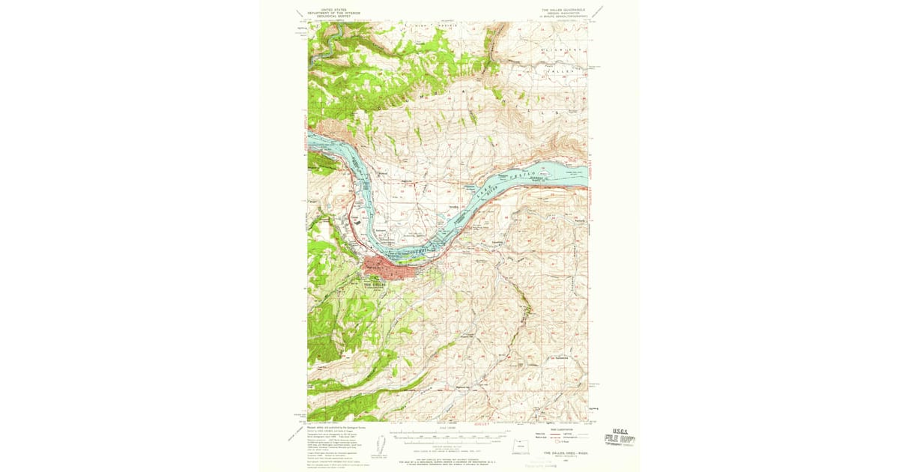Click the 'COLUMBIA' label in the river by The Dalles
click(x=416, y=250)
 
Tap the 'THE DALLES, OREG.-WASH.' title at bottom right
click(x=563, y=453)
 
